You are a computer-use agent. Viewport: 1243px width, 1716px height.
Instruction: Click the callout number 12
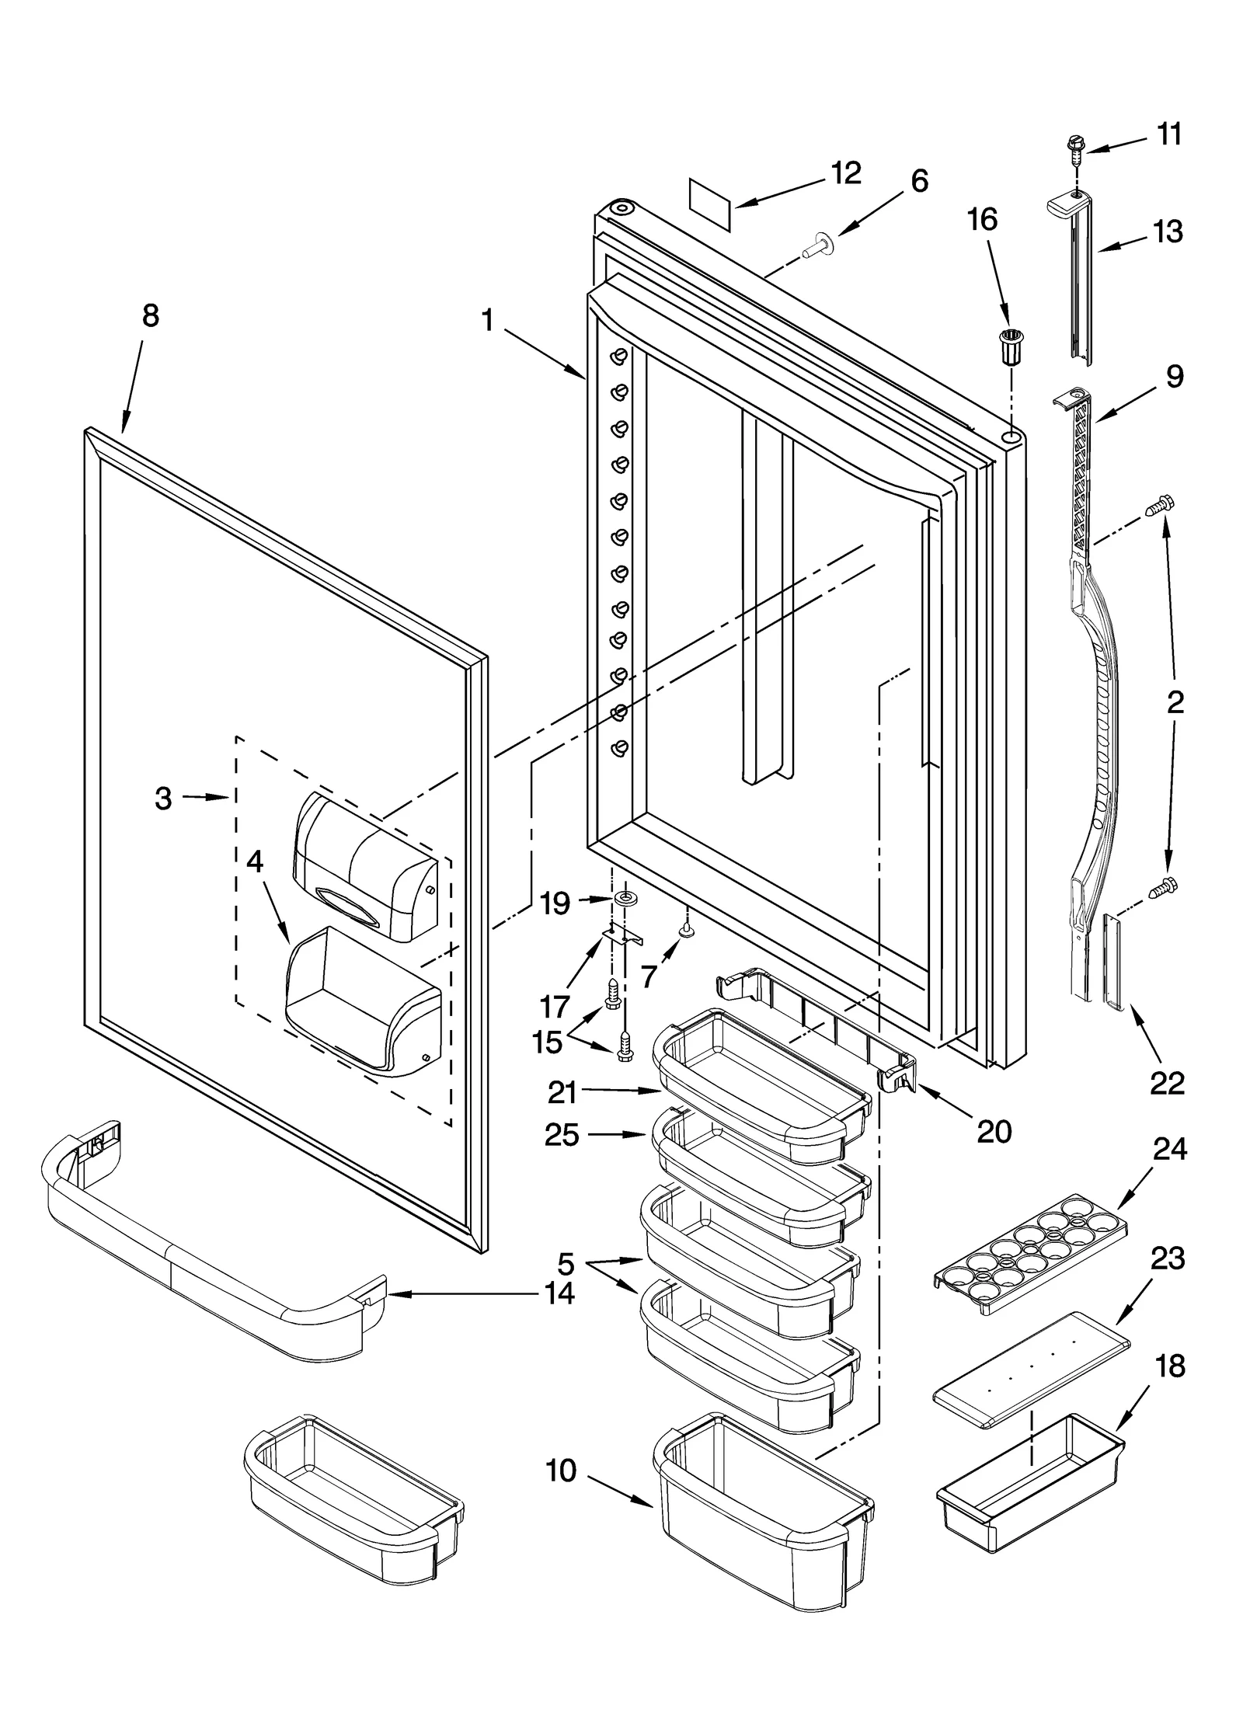[x=845, y=172]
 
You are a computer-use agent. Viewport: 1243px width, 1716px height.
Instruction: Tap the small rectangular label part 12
[x=710, y=205]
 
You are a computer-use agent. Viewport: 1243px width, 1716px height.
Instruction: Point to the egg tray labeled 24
[x=1029, y=1252]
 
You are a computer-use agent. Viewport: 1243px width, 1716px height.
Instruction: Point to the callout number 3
[x=163, y=798]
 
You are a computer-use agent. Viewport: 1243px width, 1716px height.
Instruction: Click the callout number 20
[x=994, y=1132]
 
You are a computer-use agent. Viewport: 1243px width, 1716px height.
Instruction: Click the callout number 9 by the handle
[x=1175, y=377]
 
